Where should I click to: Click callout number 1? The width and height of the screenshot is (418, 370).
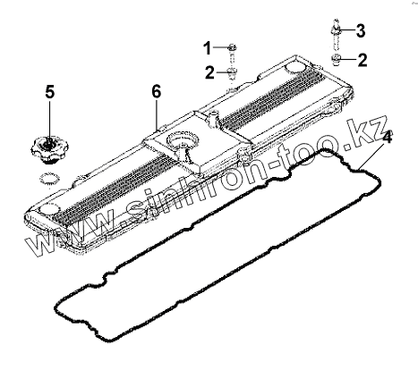[208, 48]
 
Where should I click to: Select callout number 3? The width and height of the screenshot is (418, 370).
[361, 31]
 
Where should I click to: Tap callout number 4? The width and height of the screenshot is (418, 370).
[387, 138]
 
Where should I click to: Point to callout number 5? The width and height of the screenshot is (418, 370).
[50, 91]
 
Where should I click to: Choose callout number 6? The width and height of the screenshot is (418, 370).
[156, 91]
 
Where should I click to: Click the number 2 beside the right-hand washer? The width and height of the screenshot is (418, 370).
[362, 60]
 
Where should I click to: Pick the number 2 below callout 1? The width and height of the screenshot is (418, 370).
[209, 72]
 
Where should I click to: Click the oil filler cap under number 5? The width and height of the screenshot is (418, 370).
[49, 150]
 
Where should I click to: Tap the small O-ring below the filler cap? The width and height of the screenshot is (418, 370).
[49, 180]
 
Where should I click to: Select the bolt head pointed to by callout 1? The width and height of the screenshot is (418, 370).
[233, 47]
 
